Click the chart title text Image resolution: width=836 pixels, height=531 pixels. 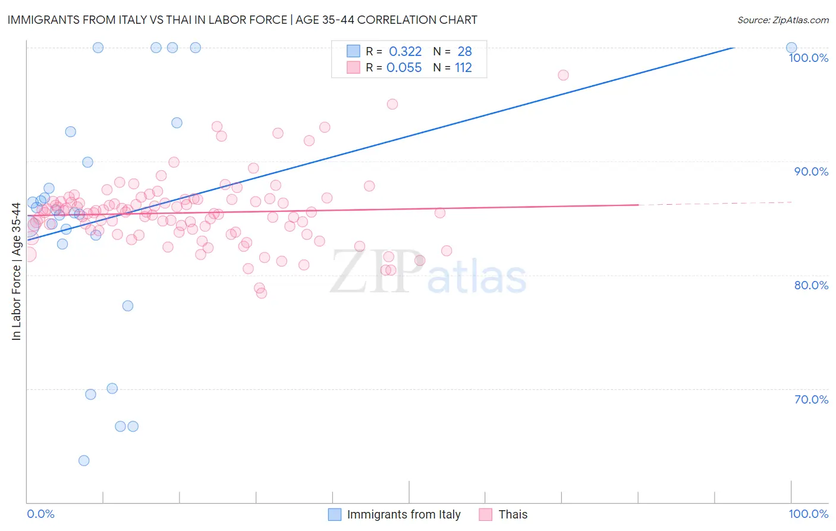tap(242, 20)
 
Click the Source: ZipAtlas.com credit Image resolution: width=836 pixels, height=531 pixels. tap(782, 20)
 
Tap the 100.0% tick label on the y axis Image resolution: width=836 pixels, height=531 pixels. tap(808, 58)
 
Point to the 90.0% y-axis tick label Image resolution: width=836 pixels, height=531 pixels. tap(811, 171)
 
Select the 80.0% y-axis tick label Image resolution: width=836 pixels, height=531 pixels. tap(811, 285)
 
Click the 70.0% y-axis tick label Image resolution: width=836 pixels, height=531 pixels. tap(811, 399)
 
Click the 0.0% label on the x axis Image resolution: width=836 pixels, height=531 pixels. tap(40, 514)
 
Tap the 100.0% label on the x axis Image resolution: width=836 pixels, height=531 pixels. tap(808, 514)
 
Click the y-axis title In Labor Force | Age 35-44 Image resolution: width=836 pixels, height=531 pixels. tap(16, 271)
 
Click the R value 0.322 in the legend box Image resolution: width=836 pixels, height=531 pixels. tap(405, 51)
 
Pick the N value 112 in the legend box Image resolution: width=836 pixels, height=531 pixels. tap(463, 67)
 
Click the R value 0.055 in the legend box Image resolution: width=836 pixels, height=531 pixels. tap(404, 67)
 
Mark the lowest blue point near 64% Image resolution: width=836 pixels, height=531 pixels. tap(84, 461)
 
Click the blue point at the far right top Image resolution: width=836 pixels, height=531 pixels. tap(791, 48)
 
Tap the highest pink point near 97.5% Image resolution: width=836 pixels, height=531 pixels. tap(563, 75)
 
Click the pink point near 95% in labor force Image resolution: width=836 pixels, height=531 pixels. tap(392, 104)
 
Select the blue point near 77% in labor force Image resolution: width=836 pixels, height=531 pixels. tap(128, 306)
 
